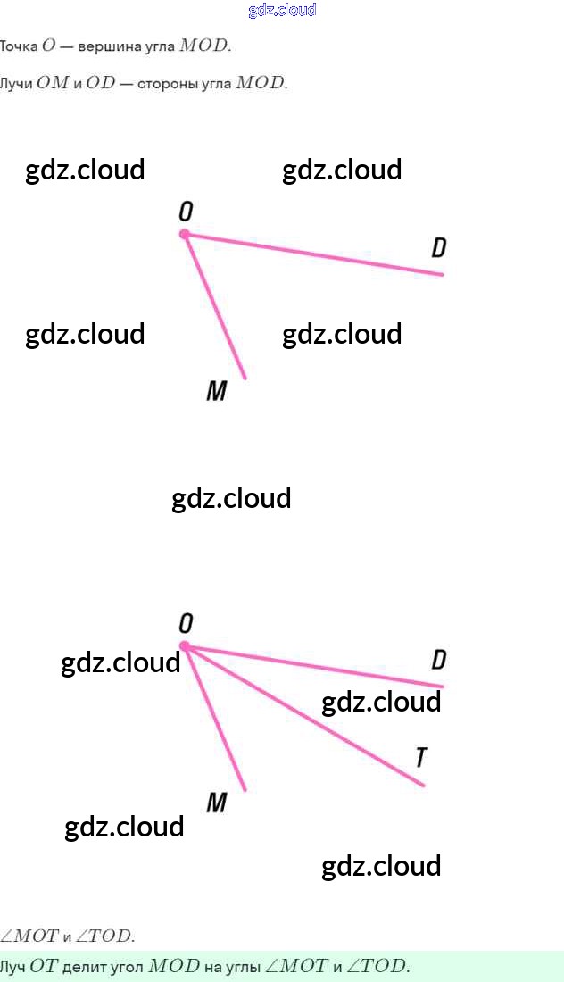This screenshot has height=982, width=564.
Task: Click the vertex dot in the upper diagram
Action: [185, 234]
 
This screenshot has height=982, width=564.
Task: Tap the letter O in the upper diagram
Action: [186, 212]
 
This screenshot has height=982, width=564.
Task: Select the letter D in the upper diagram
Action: [438, 248]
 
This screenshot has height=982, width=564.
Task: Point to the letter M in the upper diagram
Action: [216, 391]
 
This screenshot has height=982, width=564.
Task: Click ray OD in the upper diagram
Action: [312, 254]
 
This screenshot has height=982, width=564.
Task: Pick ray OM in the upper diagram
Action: [215, 307]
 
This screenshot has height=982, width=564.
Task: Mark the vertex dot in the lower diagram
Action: [185, 645]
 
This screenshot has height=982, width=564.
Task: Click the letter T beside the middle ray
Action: [421, 758]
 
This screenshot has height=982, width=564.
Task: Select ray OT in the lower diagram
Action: [303, 715]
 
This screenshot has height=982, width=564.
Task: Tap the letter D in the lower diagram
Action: [438, 661]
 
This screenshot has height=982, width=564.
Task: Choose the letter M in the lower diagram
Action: [216, 803]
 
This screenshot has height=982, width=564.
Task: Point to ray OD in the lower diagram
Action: [312, 666]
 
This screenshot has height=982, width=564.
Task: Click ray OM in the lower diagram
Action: [215, 719]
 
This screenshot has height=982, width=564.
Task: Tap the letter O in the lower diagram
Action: [186, 623]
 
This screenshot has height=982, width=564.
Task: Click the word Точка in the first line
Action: [19, 46]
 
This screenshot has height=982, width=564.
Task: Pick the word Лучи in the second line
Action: [16, 84]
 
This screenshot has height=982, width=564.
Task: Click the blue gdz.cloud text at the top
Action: [282, 11]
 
